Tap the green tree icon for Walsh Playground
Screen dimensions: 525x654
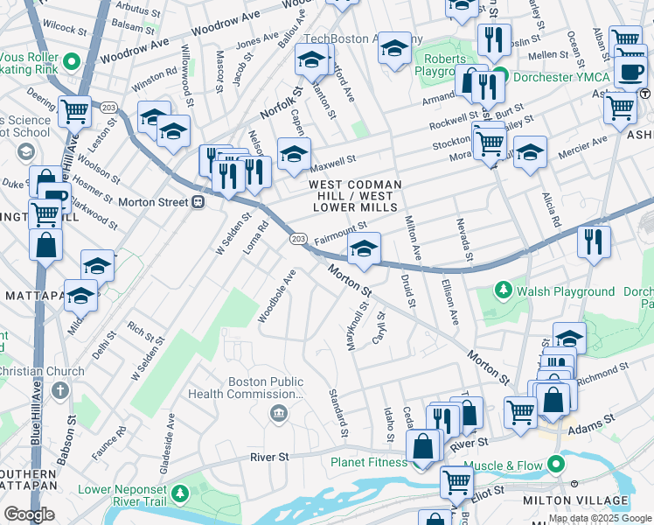point(503,289)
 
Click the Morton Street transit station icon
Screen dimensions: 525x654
point(198,202)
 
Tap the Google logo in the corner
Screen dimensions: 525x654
point(29,514)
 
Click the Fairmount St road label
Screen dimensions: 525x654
point(340,232)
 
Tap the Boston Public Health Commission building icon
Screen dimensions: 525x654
point(279,413)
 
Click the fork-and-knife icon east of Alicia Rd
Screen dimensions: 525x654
point(594,242)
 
